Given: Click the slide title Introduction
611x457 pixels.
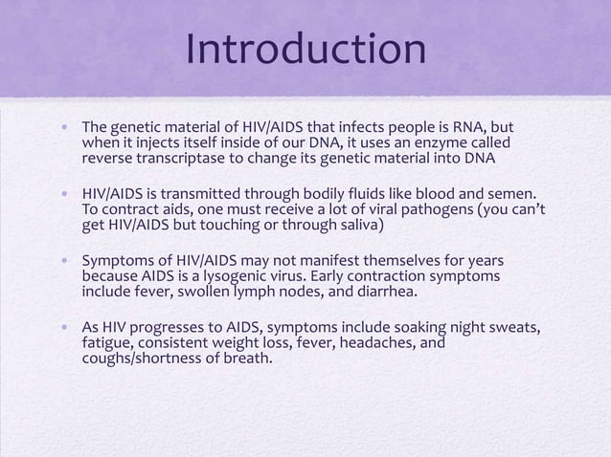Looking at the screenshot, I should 305,50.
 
